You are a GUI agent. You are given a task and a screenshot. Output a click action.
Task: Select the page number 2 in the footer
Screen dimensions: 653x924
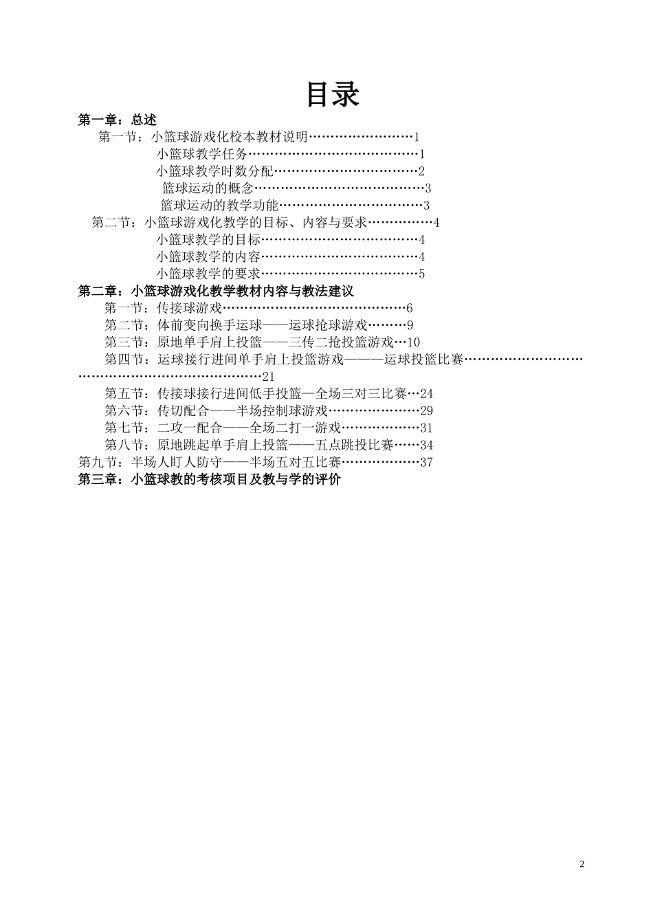[582, 864]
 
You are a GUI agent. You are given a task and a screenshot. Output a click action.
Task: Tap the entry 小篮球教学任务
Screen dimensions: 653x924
[201, 154]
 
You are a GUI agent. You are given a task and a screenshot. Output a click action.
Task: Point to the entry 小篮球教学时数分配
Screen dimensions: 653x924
[214, 171]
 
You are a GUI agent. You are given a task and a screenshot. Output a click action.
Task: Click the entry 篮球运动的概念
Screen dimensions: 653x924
[208, 188]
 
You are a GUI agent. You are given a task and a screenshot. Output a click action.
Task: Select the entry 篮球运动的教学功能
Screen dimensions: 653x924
[219, 206]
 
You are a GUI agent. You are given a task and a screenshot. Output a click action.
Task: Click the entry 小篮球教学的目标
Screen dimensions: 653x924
[208, 240]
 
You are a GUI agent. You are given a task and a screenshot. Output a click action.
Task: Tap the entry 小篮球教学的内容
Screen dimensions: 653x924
[208, 257]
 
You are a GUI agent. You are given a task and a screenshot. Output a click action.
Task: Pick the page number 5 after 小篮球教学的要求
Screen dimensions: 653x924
[422, 274]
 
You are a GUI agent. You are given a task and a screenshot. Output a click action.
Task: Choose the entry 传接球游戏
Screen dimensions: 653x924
[190, 308]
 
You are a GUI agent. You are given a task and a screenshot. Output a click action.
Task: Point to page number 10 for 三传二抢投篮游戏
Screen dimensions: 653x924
[413, 342]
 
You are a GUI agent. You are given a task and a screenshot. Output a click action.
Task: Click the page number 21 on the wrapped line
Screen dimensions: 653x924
[268, 377]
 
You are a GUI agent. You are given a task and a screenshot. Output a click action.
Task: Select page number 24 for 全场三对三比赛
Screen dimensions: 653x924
[426, 394]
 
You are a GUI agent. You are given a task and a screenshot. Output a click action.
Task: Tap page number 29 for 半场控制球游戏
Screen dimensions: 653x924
[426, 411]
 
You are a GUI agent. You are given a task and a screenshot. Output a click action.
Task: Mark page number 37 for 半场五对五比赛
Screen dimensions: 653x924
[426, 462]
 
